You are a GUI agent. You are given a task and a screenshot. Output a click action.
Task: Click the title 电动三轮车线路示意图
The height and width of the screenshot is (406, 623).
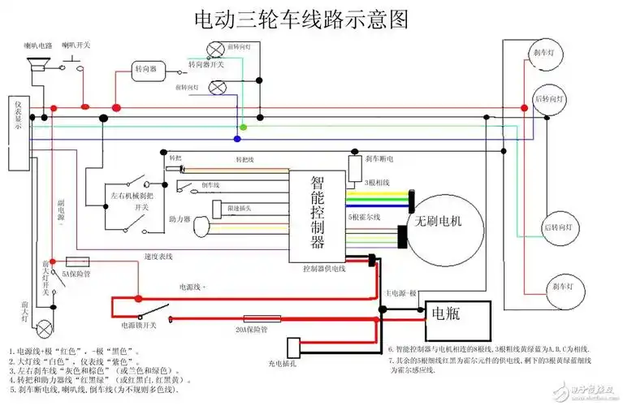click(301, 19)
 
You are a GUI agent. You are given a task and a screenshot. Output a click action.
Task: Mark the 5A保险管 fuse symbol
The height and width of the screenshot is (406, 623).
click(76, 261)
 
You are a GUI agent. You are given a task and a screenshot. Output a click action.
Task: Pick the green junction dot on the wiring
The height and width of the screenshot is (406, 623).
click(243, 128)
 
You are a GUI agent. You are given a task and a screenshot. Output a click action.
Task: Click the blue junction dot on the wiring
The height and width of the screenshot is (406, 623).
click(237, 139)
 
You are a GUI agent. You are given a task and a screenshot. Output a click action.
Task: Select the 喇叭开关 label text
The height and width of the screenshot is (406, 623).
click(79, 45)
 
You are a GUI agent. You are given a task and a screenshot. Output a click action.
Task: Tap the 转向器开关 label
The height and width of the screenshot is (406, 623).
click(206, 63)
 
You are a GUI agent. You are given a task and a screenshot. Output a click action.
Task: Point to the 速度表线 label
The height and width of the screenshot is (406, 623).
click(159, 257)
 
